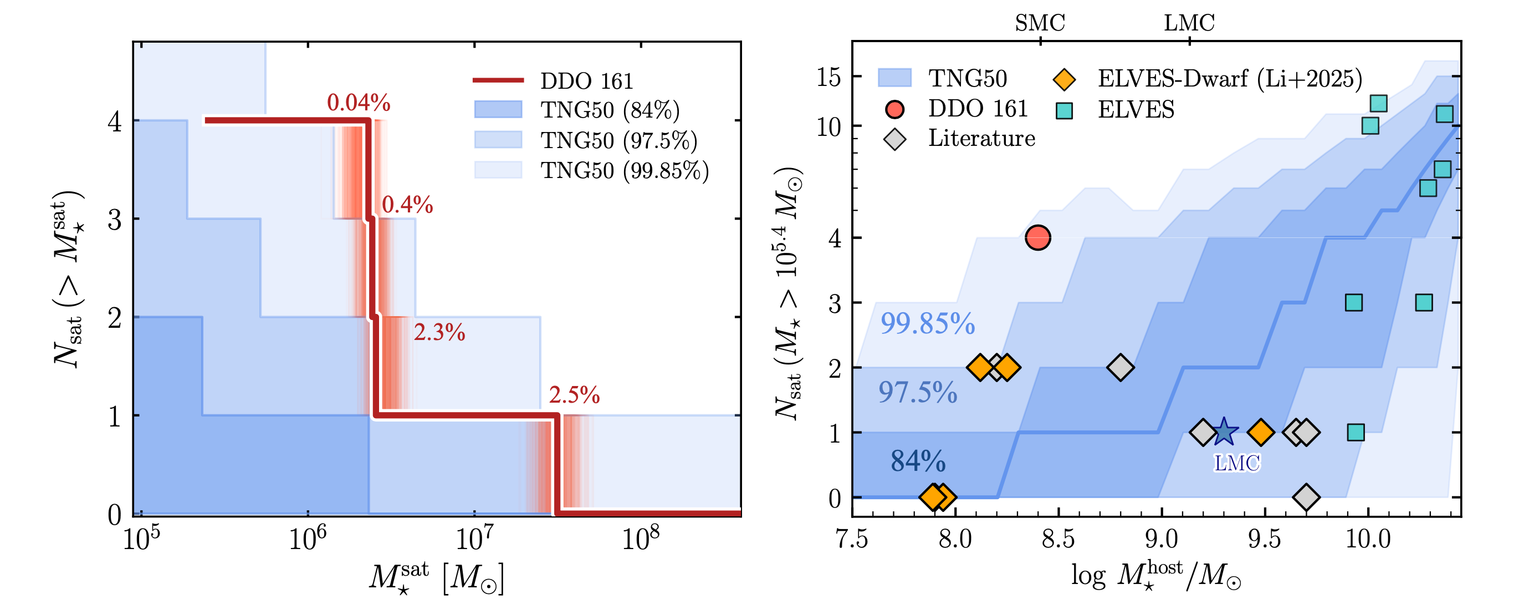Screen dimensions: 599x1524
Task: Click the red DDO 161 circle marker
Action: point(1037,237)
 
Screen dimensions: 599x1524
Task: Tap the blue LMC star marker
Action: point(1224,432)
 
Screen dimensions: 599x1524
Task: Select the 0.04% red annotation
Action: point(359,103)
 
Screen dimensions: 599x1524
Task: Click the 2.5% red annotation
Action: point(574,395)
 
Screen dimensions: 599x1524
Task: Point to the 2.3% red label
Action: point(439,332)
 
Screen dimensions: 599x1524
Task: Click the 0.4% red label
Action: point(407,204)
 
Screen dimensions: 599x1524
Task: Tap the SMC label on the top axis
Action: point(1040,23)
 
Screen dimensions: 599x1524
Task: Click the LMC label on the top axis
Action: point(1189,23)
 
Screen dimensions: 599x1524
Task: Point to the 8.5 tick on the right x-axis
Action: point(1057,539)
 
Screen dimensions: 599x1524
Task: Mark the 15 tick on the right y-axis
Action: point(829,77)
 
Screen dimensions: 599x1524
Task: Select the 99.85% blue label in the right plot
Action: point(927,323)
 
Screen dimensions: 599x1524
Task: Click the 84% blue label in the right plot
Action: point(918,461)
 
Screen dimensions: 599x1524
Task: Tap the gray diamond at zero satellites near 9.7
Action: point(1306,497)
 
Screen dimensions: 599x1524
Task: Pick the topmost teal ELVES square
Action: point(1378,104)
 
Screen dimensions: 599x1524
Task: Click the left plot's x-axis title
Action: point(437,578)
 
